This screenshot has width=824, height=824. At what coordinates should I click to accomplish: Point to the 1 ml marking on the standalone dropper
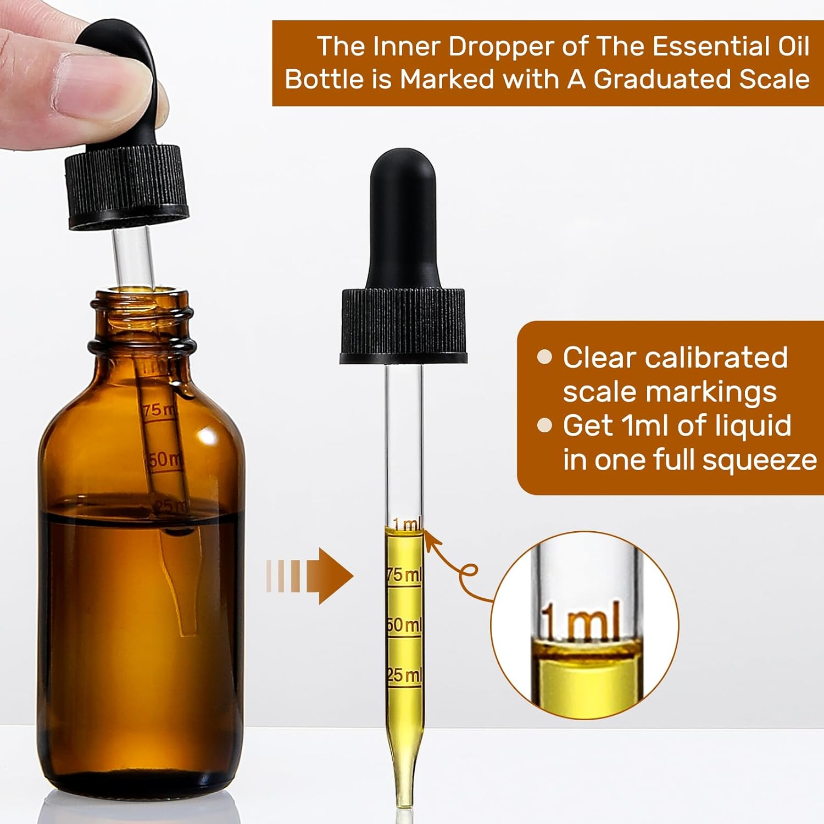pos(407,525)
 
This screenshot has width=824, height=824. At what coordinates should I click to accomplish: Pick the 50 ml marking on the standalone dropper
pos(404,625)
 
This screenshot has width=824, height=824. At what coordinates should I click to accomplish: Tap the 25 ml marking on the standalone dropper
pos(404,675)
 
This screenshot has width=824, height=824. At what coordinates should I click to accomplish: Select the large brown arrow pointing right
pos(330,576)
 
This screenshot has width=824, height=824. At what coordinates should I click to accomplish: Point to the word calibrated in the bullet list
pos(716,358)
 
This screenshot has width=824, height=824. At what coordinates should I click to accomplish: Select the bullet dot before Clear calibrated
pos(544,358)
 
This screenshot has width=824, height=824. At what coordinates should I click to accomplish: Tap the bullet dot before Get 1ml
pos(544,426)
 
